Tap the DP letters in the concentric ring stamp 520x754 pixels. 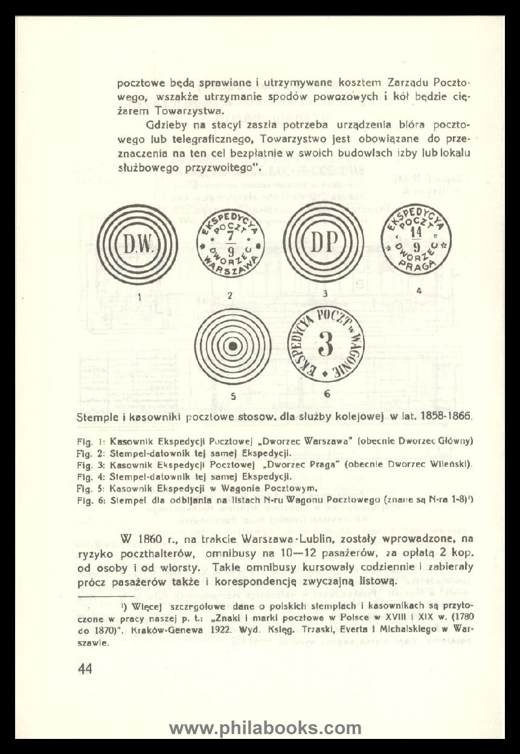coord(324,243)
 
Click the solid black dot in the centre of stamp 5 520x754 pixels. coord(232,347)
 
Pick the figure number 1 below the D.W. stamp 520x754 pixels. coord(139,296)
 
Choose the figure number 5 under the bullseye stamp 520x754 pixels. coord(232,396)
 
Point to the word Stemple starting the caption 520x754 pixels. coord(98,417)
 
